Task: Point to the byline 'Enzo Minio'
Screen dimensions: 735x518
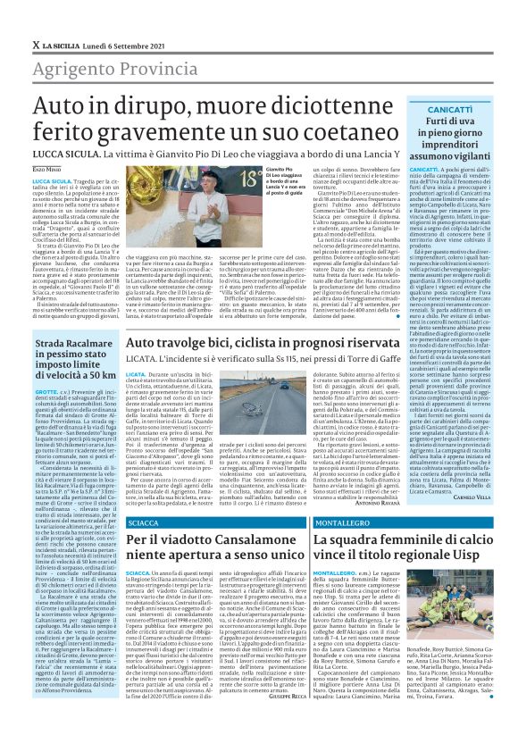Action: (46, 169)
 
